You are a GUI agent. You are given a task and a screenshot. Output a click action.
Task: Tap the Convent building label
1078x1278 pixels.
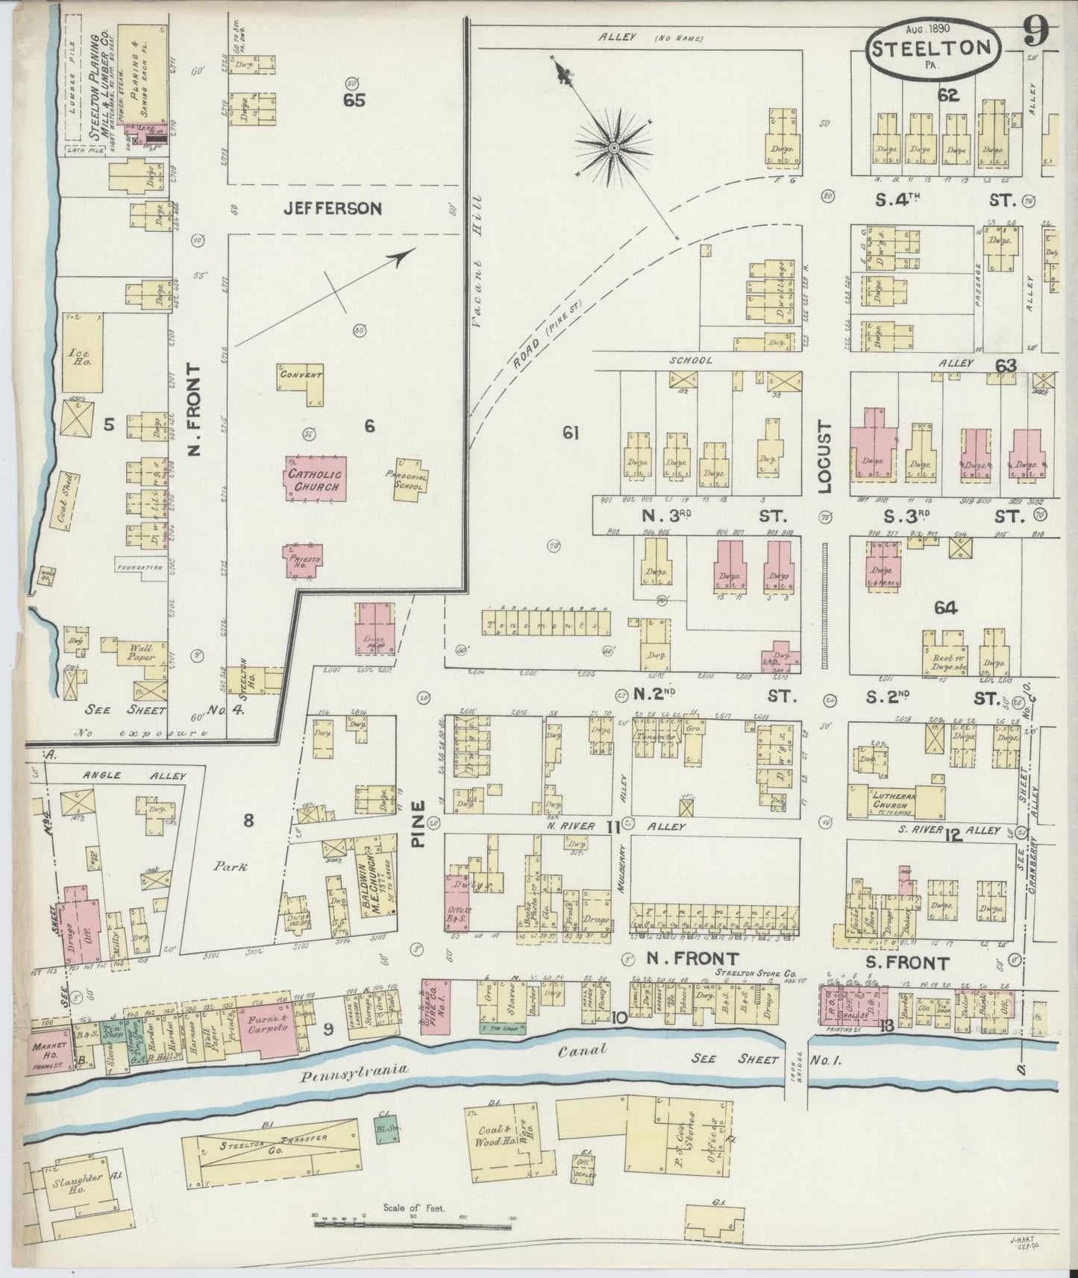(x=301, y=375)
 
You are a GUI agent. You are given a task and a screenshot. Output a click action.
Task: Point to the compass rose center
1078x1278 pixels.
(x=613, y=148)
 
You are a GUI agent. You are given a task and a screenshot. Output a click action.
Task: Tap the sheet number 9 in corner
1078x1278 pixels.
(x=1036, y=30)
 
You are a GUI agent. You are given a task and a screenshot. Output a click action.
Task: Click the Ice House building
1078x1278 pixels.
(x=82, y=352)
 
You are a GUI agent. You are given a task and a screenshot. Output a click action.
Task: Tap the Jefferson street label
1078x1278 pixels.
(x=333, y=209)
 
